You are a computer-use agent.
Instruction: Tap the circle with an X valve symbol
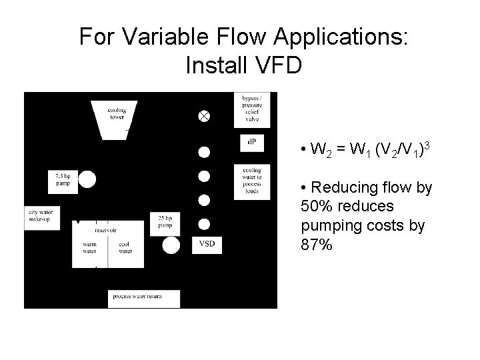tap(204, 116)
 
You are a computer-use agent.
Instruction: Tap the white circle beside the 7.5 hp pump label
tap(87, 179)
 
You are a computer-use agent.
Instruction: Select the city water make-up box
tap(40, 215)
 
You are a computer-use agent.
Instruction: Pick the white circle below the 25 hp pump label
tap(171, 245)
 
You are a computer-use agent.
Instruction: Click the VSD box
tap(207, 244)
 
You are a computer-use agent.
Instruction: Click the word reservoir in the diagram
tap(107, 230)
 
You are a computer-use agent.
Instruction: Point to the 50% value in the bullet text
tap(317, 206)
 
